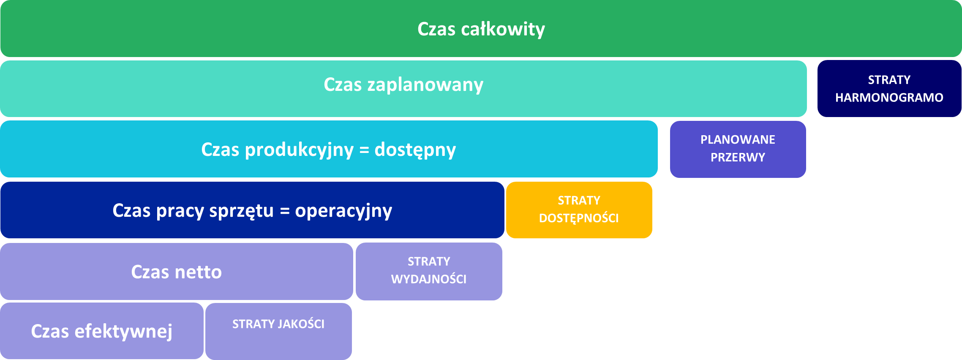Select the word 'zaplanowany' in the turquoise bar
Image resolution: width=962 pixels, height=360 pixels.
click(425, 85)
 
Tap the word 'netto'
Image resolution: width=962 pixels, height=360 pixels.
click(199, 272)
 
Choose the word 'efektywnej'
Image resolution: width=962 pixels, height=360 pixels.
click(123, 331)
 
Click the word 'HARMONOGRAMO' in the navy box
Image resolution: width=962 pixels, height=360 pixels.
click(889, 98)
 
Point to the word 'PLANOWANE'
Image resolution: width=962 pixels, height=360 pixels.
click(738, 139)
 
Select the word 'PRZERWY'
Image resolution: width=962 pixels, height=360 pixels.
click(738, 158)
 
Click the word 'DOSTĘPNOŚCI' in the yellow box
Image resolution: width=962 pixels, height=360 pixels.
click(579, 218)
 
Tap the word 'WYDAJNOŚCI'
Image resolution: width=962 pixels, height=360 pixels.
click(429, 279)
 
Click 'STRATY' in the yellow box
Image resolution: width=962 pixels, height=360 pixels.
click(579, 200)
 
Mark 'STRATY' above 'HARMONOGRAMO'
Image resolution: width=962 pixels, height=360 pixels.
click(889, 80)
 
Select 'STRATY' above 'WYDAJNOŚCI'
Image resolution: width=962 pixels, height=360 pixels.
click(429, 262)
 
